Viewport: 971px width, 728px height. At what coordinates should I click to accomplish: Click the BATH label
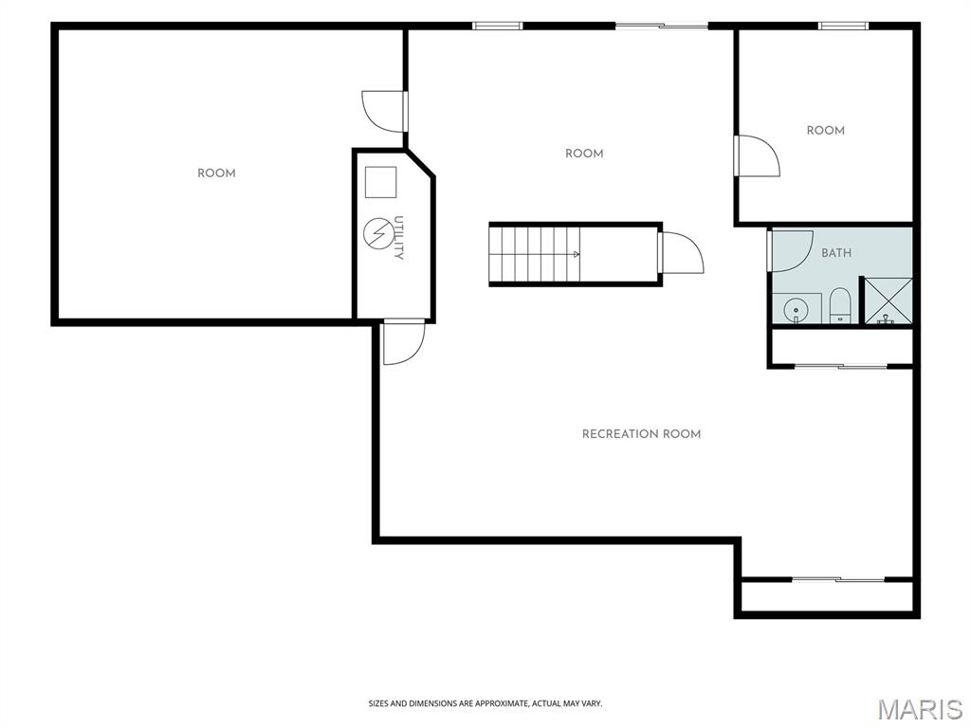836,252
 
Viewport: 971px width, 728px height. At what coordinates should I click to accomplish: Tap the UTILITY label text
399,238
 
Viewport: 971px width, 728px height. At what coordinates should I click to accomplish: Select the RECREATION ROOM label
642,434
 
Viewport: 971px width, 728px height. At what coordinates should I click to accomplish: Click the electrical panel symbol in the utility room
376,233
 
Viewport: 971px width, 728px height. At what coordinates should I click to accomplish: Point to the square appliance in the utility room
380,182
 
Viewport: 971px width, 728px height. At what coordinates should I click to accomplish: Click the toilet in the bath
840,305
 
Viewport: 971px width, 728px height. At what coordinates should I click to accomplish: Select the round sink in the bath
794,309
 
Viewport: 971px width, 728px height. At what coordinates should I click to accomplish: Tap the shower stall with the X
888,300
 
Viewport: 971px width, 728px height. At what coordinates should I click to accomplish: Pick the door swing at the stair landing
683,252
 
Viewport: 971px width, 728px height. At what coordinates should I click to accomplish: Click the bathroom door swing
791,250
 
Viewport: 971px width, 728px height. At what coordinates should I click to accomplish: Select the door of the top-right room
757,155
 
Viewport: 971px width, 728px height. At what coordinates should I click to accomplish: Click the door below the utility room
404,341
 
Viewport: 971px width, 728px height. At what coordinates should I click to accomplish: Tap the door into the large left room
384,112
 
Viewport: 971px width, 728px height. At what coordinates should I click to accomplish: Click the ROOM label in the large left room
217,173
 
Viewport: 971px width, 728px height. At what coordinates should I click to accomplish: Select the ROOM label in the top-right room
826,131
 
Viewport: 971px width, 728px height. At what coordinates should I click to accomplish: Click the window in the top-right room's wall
843,26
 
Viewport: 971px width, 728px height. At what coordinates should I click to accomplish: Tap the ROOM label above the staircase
584,154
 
